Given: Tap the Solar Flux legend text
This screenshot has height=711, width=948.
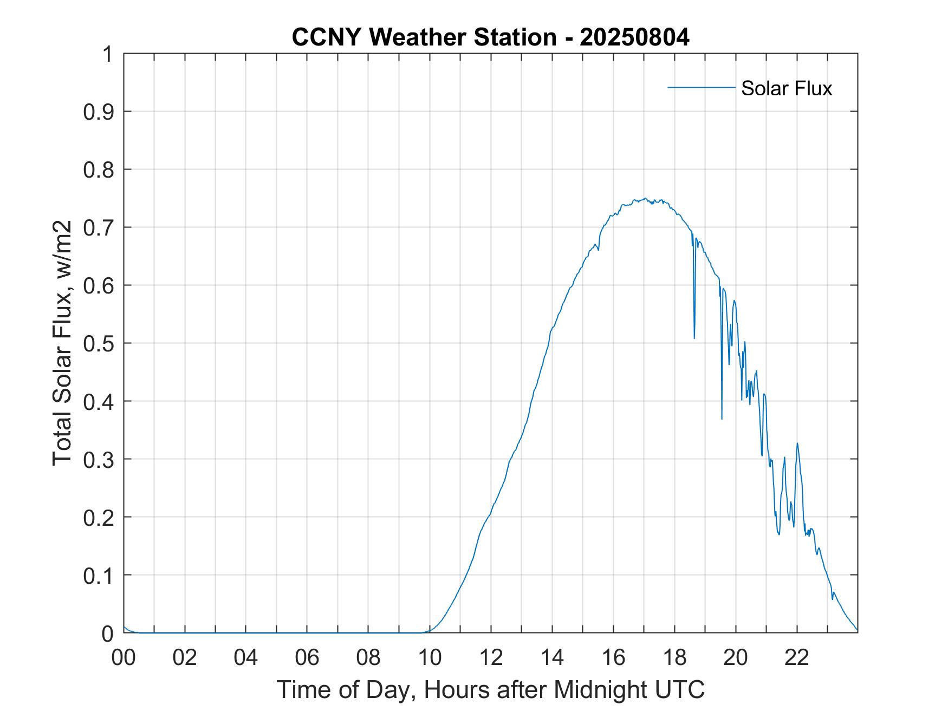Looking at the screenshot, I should click(x=786, y=88).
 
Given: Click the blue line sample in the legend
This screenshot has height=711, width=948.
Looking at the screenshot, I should click(x=702, y=87).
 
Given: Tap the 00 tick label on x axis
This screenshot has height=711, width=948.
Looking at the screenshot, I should click(x=124, y=657).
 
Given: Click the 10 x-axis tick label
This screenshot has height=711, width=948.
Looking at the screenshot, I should click(x=430, y=657).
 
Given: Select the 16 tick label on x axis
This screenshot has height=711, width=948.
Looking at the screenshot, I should click(x=613, y=657).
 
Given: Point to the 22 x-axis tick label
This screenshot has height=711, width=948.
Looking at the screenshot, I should click(x=797, y=657).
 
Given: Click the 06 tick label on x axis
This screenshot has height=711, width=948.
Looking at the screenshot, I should click(x=307, y=657).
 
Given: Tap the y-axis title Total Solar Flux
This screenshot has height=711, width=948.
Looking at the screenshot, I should click(x=63, y=343).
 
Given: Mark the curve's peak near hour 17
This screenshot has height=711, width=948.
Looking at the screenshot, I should click(x=645, y=199).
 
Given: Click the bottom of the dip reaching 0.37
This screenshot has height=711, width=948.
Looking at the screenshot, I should click(x=722, y=419).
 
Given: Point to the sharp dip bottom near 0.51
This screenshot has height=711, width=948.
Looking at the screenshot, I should click(x=694, y=338).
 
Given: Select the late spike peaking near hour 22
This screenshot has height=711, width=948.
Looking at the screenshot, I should click(x=797, y=443).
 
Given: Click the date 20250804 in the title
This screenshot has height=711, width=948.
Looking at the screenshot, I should click(x=634, y=38).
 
